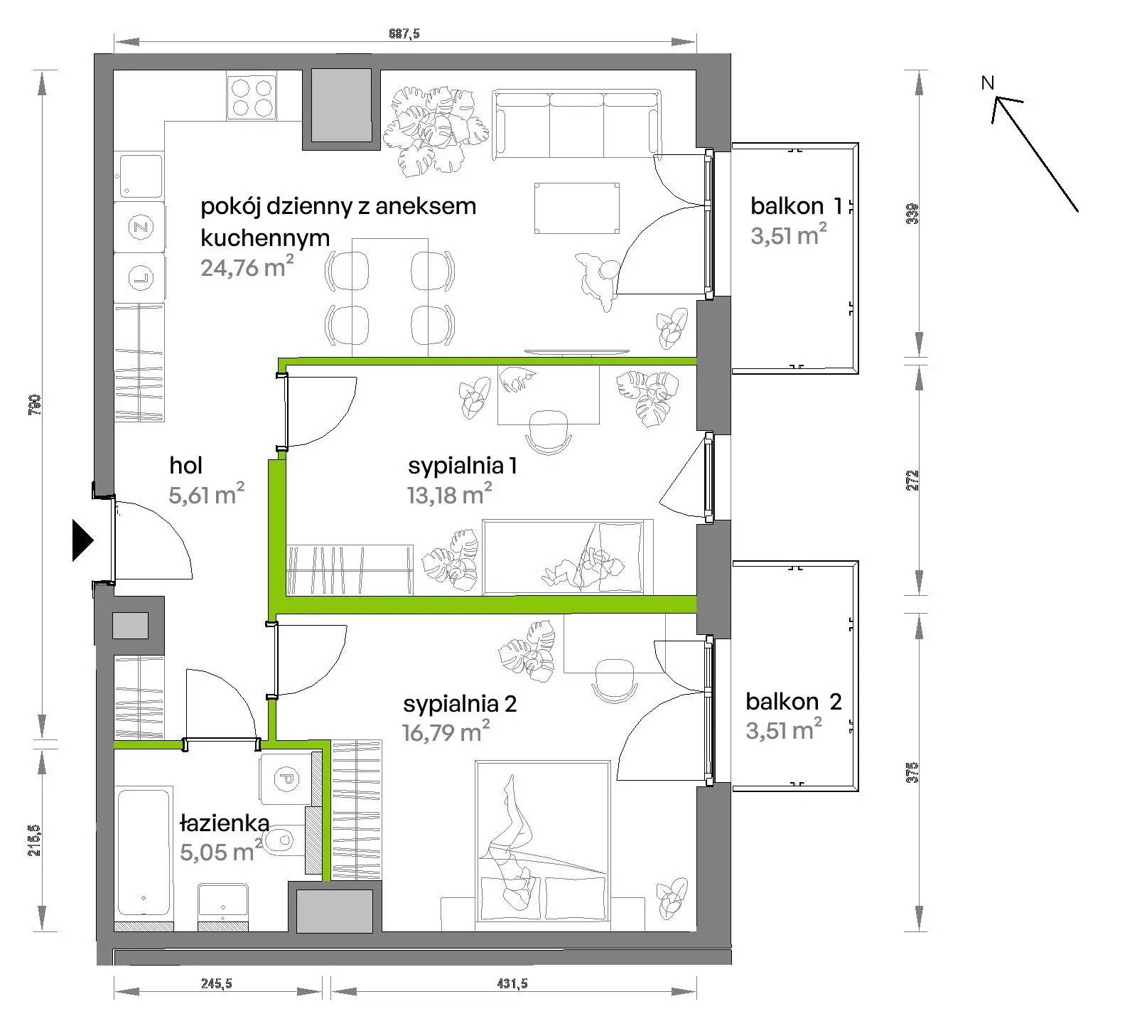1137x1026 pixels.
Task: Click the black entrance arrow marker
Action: [82, 541]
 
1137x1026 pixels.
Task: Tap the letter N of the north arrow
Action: [987, 83]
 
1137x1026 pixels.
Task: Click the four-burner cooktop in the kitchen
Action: [252, 97]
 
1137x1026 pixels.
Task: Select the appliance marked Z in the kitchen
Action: [140, 228]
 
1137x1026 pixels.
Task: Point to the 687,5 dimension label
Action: [404, 33]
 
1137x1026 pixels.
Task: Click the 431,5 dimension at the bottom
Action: [512, 984]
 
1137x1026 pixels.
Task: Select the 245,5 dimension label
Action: [217, 984]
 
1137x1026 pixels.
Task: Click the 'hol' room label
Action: [185, 466]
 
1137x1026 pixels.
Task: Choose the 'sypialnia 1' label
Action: [462, 466]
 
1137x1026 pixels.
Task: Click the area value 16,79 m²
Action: [446, 731]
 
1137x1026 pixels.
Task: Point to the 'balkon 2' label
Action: [793, 702]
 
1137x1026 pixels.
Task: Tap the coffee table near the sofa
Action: [576, 208]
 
